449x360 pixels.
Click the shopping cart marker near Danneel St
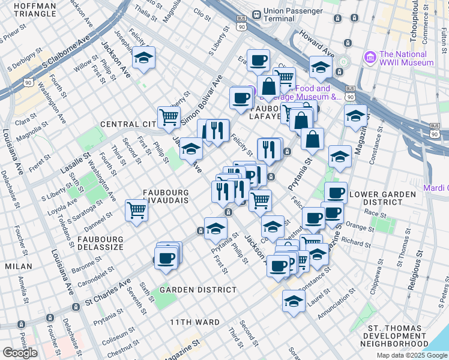coord(136,211)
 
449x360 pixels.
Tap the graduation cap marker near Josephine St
coord(144,58)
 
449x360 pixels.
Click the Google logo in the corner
coord(20,353)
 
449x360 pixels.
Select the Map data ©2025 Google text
coord(411,355)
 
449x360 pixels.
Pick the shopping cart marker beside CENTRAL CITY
coord(169,118)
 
